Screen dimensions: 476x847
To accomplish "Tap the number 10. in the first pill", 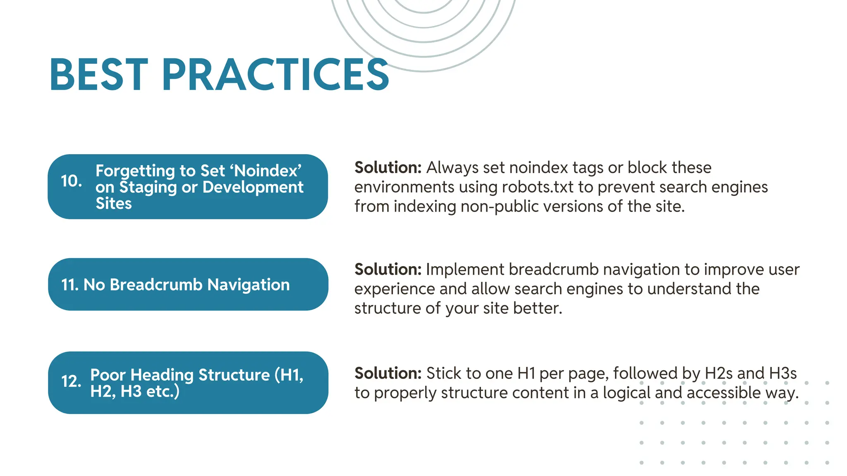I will coord(71,181).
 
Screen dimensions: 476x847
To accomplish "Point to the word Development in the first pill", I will coord(253,187).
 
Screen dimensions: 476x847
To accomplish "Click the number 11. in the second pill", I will coord(69,285).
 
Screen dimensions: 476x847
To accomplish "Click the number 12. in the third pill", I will coord(71,381).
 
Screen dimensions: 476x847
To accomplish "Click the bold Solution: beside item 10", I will coord(388,168).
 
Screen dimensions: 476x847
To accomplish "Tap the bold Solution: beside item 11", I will coord(388,269).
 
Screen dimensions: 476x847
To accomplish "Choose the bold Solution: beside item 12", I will coord(388,373).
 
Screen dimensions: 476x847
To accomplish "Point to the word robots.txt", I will coord(538,187).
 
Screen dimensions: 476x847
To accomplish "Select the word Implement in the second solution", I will coord(465,269).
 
